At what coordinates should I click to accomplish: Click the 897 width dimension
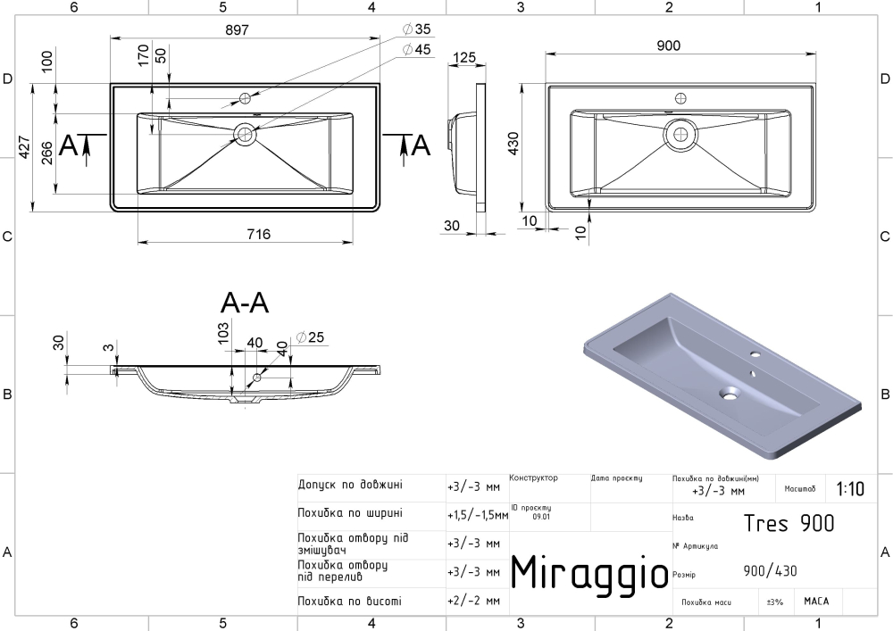(x=237, y=29)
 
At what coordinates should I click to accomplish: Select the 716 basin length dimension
(x=259, y=234)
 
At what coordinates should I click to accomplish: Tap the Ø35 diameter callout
(x=416, y=29)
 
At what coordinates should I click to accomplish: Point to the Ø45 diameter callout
(x=416, y=49)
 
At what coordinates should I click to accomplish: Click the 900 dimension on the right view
(x=668, y=46)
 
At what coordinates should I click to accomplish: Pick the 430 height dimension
(x=513, y=144)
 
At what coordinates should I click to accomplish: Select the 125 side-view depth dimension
(x=464, y=57)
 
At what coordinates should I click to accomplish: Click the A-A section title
(x=245, y=303)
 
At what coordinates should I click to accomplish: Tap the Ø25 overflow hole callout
(x=310, y=337)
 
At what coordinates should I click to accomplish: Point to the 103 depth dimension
(x=222, y=333)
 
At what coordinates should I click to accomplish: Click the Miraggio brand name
(x=588, y=573)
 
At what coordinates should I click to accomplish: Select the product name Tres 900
(x=789, y=523)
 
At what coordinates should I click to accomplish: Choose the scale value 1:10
(x=850, y=489)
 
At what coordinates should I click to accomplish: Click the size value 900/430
(x=770, y=570)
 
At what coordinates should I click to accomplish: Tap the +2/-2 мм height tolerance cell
(x=474, y=601)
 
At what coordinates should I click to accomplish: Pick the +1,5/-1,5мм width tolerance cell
(x=478, y=516)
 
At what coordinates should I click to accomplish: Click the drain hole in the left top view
(x=246, y=134)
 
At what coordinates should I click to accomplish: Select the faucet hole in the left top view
(x=246, y=98)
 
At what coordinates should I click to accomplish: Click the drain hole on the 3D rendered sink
(x=729, y=393)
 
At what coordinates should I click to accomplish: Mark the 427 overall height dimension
(x=24, y=147)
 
